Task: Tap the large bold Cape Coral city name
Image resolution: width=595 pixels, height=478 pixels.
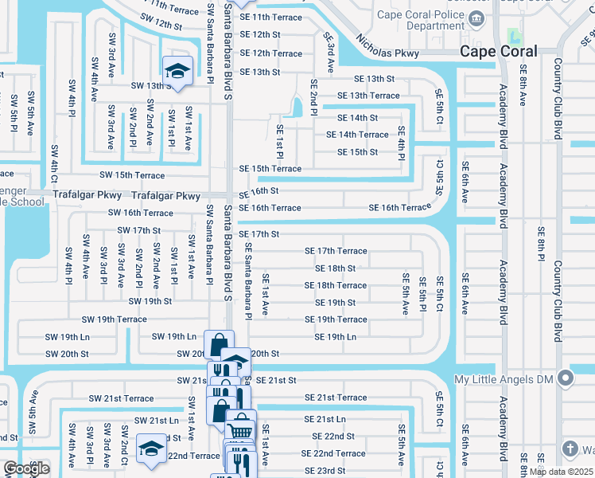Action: pyautogui.click(x=499, y=51)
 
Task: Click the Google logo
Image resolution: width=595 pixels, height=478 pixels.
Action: pyautogui.click(x=26, y=468)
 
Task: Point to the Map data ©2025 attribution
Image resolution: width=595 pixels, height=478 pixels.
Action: pyautogui.click(x=560, y=472)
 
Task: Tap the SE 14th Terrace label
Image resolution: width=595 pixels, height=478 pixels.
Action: pyautogui.click(x=357, y=135)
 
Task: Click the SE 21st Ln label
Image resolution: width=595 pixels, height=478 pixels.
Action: pyautogui.click(x=325, y=419)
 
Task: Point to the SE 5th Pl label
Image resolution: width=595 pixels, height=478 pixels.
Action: pyautogui.click(x=422, y=292)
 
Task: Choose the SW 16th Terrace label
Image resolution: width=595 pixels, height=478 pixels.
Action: pyautogui.click(x=140, y=213)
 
